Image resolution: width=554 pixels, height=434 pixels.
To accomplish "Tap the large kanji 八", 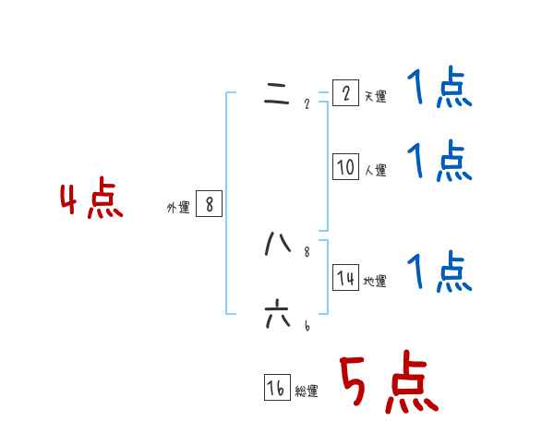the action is (277, 244).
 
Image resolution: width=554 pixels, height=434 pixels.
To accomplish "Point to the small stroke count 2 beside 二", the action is (307, 103).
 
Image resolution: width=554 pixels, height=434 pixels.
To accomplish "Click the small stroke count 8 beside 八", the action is (307, 251).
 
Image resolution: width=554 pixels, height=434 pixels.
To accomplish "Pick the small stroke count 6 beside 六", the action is (307, 325).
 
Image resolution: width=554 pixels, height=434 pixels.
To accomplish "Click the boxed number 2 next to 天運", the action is (345, 93).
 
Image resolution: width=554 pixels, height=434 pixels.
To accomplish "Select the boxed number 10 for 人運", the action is (345, 166).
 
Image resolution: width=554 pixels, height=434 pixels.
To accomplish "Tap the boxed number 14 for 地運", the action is (345, 278).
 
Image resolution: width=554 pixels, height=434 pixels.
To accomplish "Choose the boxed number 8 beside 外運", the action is (209, 204).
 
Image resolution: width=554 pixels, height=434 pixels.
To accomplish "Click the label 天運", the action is (375, 96).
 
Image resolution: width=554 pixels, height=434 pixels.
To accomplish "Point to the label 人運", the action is (375, 170).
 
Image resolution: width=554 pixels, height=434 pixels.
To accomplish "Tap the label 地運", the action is (375, 282).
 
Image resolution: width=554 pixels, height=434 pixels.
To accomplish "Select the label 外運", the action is (177, 208).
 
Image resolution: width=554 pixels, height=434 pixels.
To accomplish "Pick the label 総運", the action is (307, 392).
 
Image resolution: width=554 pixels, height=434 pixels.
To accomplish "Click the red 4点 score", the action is (91, 200).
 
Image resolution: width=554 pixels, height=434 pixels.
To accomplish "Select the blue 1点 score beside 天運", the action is (440, 90).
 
